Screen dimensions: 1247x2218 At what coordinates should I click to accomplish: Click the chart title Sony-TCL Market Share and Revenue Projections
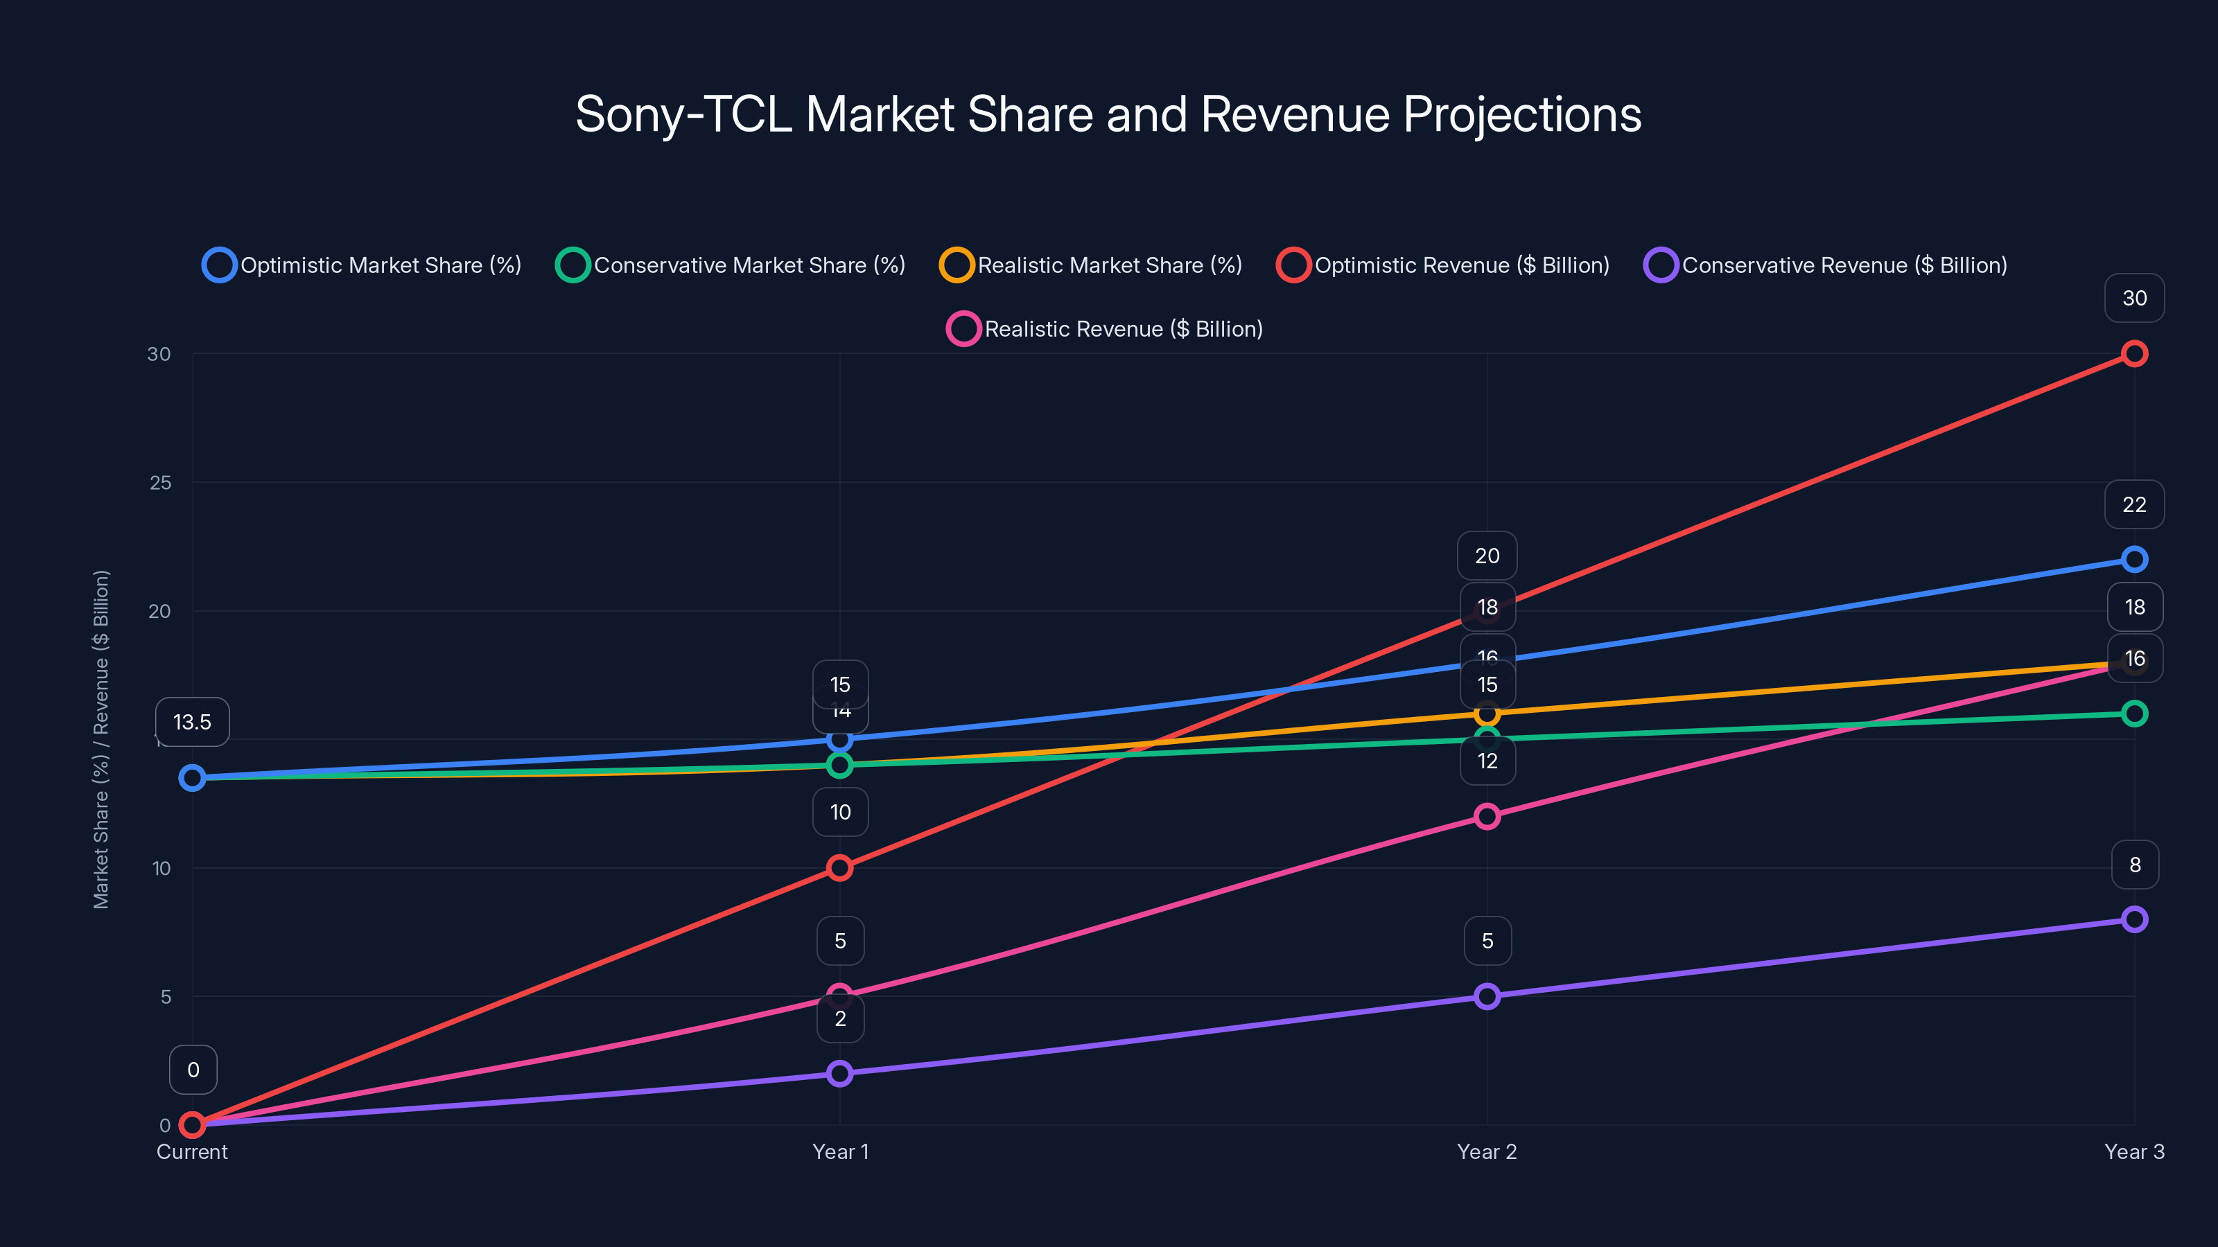click(1108, 114)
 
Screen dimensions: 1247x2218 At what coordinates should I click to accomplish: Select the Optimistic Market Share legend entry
click(363, 265)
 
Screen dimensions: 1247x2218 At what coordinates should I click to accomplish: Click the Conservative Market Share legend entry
click(731, 265)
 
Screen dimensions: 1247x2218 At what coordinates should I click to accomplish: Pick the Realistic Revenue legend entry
click(1105, 329)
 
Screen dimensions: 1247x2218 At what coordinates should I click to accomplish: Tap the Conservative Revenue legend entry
click(1826, 265)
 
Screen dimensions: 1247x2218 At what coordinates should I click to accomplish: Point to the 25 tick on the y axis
click(160, 483)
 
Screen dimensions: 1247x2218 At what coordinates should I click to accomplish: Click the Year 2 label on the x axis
click(1486, 1151)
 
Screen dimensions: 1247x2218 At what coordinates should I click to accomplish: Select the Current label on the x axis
click(192, 1151)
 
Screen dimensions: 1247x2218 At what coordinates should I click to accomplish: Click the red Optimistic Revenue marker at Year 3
click(2133, 354)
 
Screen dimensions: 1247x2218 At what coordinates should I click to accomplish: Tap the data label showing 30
click(2133, 298)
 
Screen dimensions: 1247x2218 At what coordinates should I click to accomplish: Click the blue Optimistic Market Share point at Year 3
click(2133, 559)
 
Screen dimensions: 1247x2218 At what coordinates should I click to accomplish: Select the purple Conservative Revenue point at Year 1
click(839, 1073)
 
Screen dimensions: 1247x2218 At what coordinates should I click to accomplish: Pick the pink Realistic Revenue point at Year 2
click(1486, 816)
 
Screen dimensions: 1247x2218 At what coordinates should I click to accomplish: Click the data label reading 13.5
click(192, 722)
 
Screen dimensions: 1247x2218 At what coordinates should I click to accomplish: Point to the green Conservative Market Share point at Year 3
click(2133, 714)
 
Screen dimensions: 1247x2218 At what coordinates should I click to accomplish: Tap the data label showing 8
click(2133, 865)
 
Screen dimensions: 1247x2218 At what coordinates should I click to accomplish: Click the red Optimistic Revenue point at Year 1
click(839, 867)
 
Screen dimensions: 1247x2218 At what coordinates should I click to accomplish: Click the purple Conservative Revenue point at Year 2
click(1486, 997)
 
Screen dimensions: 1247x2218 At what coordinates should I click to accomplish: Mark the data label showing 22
click(2133, 504)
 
